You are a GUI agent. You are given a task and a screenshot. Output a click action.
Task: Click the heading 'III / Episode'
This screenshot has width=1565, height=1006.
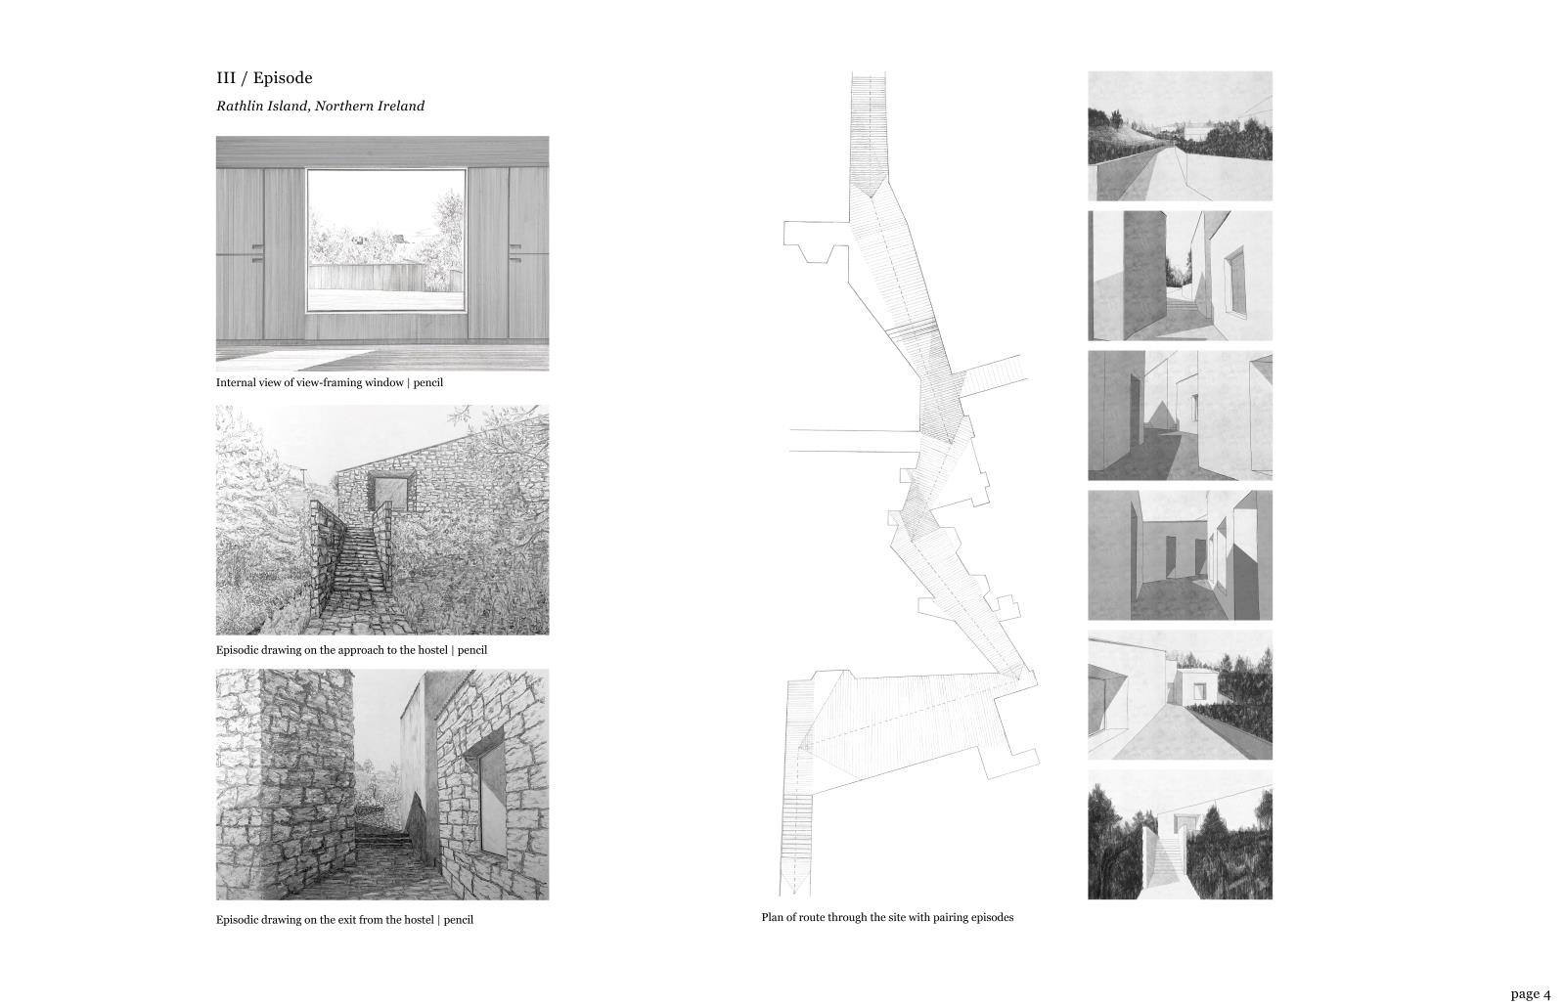click(x=264, y=77)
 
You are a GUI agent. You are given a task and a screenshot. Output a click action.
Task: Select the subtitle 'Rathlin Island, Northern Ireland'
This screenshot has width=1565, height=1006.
click(x=320, y=107)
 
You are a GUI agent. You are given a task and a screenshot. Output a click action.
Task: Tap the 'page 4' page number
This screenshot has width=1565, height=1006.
click(x=1530, y=993)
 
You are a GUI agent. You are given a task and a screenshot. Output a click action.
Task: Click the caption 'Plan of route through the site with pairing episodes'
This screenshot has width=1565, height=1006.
click(x=887, y=917)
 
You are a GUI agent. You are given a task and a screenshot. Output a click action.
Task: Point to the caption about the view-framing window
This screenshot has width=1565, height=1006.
click(x=329, y=382)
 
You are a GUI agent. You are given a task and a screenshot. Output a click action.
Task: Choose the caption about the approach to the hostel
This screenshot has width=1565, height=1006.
click(x=351, y=650)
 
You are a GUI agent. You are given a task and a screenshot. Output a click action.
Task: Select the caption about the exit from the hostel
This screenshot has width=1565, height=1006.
click(x=344, y=919)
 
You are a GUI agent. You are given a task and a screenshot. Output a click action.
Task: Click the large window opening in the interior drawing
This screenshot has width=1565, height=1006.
click(x=386, y=241)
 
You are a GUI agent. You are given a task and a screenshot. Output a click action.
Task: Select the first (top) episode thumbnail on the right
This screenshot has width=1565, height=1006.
click(x=1180, y=136)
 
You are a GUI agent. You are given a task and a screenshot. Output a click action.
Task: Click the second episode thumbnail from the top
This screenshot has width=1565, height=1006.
click(x=1180, y=276)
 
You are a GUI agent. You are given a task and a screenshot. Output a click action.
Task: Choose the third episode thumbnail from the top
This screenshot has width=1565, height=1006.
click(x=1180, y=416)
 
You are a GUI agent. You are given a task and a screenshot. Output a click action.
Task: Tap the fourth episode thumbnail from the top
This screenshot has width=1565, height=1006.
click(x=1180, y=555)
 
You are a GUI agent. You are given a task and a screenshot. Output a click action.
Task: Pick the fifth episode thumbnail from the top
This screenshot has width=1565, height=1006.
click(x=1180, y=695)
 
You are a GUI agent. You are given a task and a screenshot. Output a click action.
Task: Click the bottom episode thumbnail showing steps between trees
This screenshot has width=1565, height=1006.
click(x=1180, y=834)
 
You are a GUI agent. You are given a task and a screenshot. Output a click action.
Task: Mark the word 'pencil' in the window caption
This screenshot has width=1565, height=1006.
click(x=428, y=382)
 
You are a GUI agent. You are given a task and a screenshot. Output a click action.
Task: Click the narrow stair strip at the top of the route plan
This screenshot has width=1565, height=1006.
click(x=868, y=133)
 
